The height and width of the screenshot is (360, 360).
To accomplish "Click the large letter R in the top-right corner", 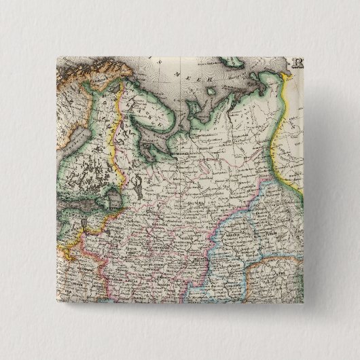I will tap(298, 65).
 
